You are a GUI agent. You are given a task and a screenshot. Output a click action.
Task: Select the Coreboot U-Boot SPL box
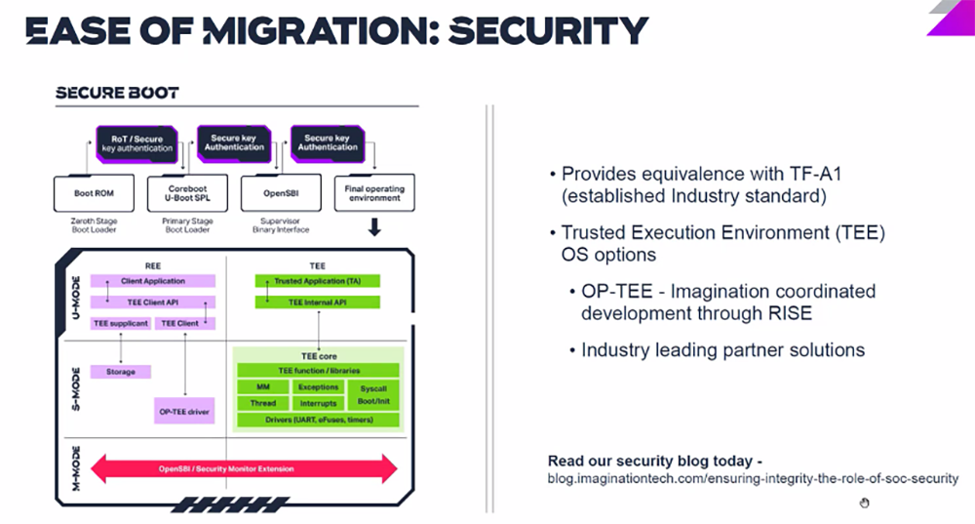[x=187, y=193]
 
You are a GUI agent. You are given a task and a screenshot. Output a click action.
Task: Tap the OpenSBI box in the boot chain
[x=281, y=193]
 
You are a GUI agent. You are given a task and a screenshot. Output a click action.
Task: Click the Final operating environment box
[x=374, y=193]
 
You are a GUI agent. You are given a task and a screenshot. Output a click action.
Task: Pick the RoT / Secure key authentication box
[x=136, y=143]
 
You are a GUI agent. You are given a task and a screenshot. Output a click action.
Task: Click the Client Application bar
[x=152, y=281]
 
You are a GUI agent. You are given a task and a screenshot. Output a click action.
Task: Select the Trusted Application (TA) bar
[x=317, y=281]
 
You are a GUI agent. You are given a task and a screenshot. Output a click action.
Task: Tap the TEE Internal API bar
[x=317, y=302]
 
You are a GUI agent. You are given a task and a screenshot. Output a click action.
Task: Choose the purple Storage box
[x=121, y=372]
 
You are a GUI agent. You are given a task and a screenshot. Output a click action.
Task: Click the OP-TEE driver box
[x=184, y=413]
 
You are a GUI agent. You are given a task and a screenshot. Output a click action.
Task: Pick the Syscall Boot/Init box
[x=372, y=395]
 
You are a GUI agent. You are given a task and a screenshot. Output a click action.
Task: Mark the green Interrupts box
[x=318, y=403]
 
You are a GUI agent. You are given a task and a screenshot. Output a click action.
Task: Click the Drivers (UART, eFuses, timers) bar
[x=318, y=421]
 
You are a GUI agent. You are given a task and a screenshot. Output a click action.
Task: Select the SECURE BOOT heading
[x=117, y=94]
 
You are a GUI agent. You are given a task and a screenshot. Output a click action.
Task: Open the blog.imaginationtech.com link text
[x=753, y=479]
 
